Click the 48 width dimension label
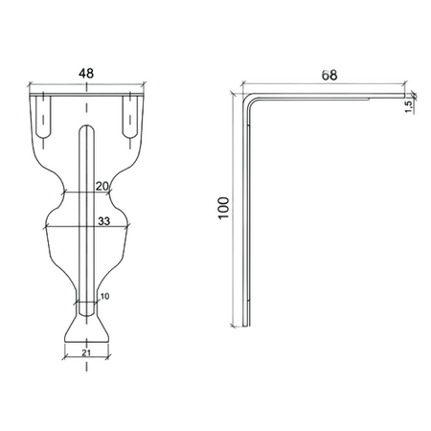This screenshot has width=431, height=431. (86, 74)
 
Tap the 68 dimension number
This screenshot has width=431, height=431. (329, 76)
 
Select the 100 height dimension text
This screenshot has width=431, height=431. (224, 208)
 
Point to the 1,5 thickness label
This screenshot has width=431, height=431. (408, 105)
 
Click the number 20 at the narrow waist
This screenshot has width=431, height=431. (102, 186)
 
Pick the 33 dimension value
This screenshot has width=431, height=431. (103, 221)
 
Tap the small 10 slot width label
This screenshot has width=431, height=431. (104, 296)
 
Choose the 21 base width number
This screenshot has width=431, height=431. (86, 352)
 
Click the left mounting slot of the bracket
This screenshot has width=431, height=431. (43, 117)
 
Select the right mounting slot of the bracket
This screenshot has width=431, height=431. (130, 117)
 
